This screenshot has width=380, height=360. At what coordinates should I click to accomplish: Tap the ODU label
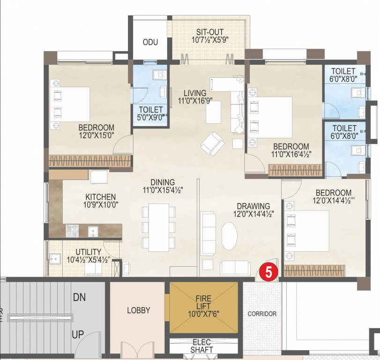click(x=150, y=42)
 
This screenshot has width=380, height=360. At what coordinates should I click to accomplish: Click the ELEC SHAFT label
click(x=202, y=346)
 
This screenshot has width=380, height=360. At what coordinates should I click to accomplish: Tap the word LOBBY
click(x=138, y=310)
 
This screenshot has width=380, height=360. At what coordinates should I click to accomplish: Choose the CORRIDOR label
click(x=262, y=314)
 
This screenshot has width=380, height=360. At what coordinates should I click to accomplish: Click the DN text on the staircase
click(x=79, y=297)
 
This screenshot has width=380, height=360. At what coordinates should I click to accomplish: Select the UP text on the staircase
click(x=77, y=335)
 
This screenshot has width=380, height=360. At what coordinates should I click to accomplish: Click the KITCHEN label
click(x=101, y=197)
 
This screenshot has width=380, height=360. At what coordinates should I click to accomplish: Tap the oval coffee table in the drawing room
click(x=229, y=235)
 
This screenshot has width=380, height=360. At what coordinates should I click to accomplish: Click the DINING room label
click(x=163, y=182)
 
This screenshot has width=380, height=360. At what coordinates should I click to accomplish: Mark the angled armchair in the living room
click(x=212, y=143)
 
